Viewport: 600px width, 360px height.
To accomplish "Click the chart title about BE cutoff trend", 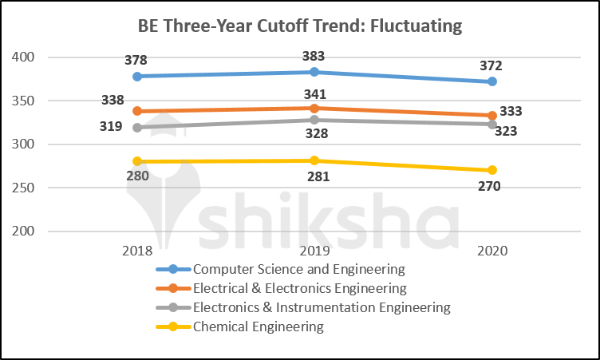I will coord(300,26).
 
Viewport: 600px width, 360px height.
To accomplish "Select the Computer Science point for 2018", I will coord(137,77).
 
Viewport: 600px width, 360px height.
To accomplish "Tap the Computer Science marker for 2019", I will coord(314,72).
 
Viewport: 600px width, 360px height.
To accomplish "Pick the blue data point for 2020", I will coord(492,81).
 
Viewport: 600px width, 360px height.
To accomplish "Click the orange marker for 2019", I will coord(314,109).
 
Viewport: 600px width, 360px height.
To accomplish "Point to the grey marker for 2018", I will coord(137,128).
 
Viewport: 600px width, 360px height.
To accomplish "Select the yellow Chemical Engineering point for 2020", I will coord(492,170).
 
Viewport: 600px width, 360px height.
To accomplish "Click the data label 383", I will coord(314,56).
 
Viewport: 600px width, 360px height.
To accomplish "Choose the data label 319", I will coord(112,126).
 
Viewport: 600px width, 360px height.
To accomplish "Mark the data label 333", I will coord(511,112).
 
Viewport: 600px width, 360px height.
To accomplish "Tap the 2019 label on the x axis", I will coord(314,250).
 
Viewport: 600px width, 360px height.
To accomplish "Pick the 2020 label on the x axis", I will coord(492,250).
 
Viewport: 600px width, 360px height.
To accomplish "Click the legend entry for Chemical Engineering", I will coord(259,326).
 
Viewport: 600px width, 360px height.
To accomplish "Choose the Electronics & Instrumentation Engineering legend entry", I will coord(322,307).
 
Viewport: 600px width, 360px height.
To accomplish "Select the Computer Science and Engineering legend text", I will coord(299,268).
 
